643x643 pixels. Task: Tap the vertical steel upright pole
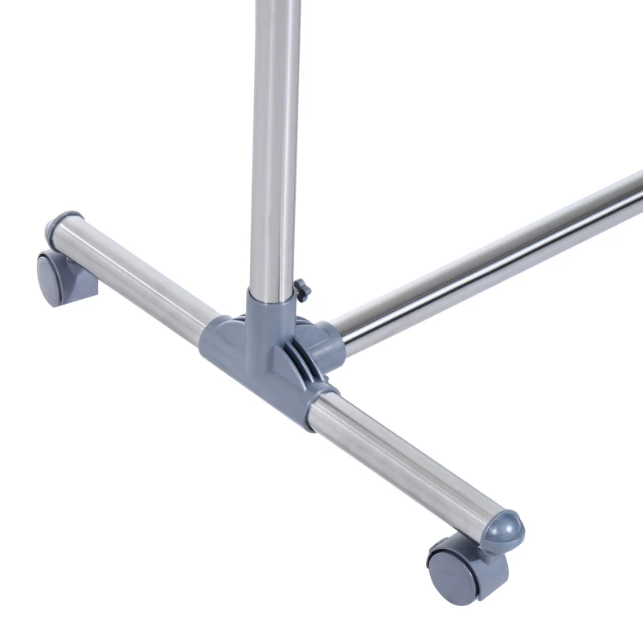273,145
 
